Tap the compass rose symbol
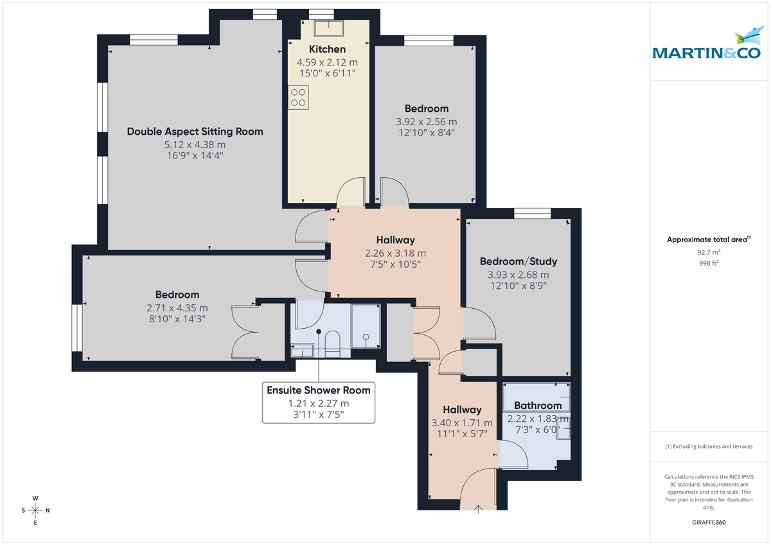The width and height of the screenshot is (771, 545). pos(35,510)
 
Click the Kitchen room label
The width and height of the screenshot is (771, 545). pos(327,49)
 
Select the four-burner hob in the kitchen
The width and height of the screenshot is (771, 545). pos(298,98)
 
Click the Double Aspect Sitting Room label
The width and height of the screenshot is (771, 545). pos(195,132)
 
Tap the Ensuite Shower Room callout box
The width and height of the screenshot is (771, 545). pos(319,402)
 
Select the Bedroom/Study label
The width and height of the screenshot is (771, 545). pos(518,261)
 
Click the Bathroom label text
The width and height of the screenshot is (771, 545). pos(537,406)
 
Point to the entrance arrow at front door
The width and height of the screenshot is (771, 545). pos(478,510)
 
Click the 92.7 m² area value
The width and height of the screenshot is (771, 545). pos(709,252)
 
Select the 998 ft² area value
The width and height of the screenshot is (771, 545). pos(709,263)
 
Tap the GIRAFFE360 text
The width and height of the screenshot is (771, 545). pos(709,523)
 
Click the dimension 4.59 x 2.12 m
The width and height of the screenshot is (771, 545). pos(327,63)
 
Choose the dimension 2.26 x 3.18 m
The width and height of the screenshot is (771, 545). pos(395,253)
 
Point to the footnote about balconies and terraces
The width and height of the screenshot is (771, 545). pos(709,446)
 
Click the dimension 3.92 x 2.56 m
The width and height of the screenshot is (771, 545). pos(427,122)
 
